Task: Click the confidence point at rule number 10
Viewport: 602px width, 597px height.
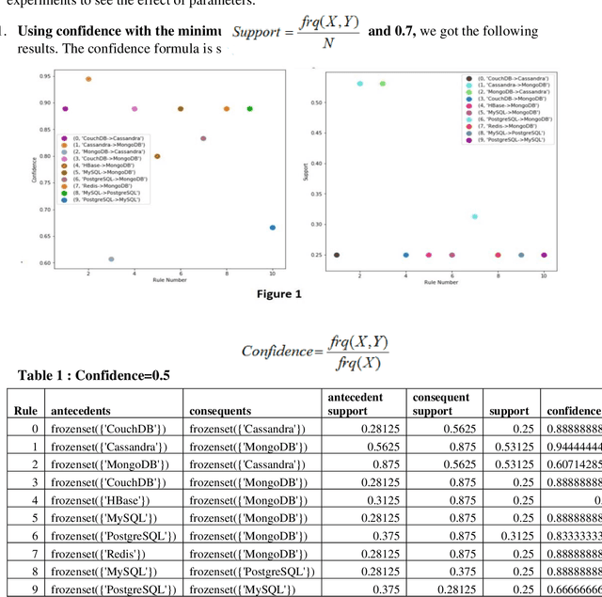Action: tap(273, 228)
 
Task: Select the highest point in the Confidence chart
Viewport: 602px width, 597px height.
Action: tap(88, 79)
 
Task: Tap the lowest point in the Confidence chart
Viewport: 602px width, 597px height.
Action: tap(111, 259)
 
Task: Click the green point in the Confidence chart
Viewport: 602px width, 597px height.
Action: tap(249, 109)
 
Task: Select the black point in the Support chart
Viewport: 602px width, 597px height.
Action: tap(337, 255)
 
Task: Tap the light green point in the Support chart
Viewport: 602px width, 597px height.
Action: tap(382, 84)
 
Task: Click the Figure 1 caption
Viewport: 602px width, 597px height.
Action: tap(279, 294)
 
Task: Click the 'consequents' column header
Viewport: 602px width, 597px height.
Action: tap(220, 411)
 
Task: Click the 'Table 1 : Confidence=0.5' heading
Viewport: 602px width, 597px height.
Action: tap(94, 375)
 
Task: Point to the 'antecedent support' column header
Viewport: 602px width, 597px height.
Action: tap(355, 404)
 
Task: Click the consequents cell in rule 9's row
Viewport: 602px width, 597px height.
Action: tap(243, 589)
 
